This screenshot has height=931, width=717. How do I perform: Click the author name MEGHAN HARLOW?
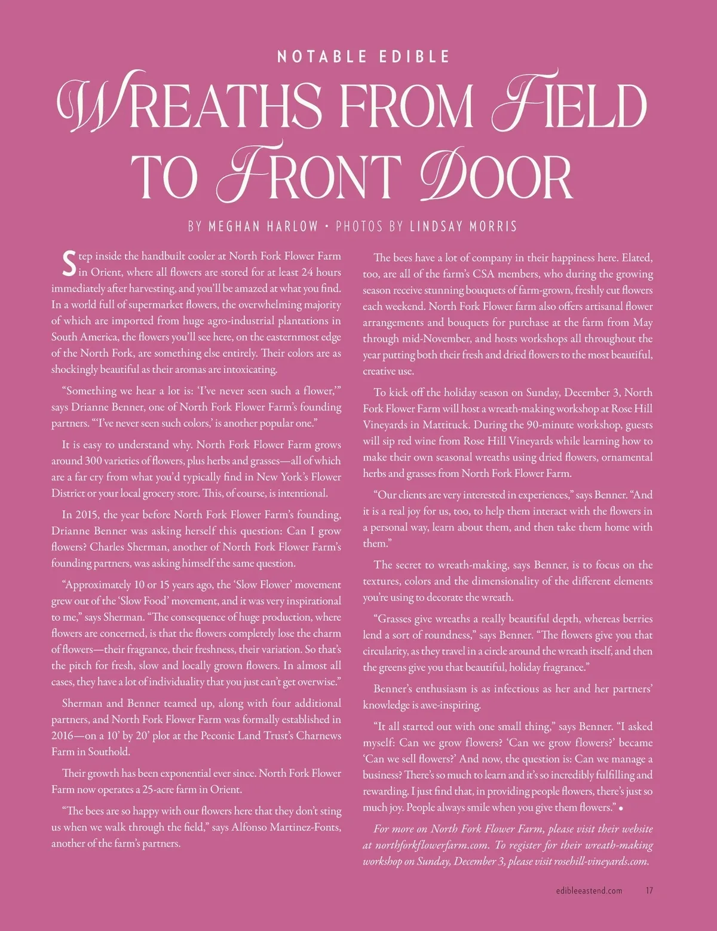click(263, 226)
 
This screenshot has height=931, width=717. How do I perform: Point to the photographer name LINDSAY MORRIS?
click(463, 226)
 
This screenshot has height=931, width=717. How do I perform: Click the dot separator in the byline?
click(327, 227)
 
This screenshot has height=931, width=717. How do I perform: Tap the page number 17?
click(649, 890)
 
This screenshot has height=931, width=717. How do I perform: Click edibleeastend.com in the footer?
click(589, 890)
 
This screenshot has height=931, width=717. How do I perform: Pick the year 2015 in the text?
click(88, 514)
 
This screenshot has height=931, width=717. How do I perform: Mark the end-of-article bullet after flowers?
click(622, 808)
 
